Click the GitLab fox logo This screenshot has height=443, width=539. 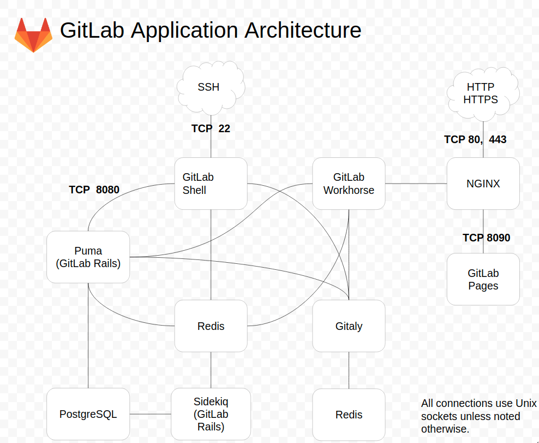point(33,34)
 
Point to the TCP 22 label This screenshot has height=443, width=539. point(211,129)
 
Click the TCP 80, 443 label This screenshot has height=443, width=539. point(475,140)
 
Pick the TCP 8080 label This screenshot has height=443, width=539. point(94,190)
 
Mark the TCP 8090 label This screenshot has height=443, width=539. point(486,238)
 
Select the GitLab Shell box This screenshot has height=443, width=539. point(211,184)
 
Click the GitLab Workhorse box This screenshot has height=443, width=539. point(349,184)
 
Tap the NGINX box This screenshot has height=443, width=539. point(483,184)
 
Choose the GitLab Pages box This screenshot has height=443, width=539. point(483,279)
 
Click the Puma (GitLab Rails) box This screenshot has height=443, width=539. point(88,257)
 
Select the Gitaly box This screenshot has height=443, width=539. point(349,326)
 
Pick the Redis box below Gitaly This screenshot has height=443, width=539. point(349,415)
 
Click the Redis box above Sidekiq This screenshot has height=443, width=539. point(211,326)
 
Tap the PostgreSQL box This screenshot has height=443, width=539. point(88,414)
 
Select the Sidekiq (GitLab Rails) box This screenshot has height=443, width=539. point(211,414)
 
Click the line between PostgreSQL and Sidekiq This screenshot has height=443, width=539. point(150,414)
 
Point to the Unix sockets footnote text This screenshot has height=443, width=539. point(478,416)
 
